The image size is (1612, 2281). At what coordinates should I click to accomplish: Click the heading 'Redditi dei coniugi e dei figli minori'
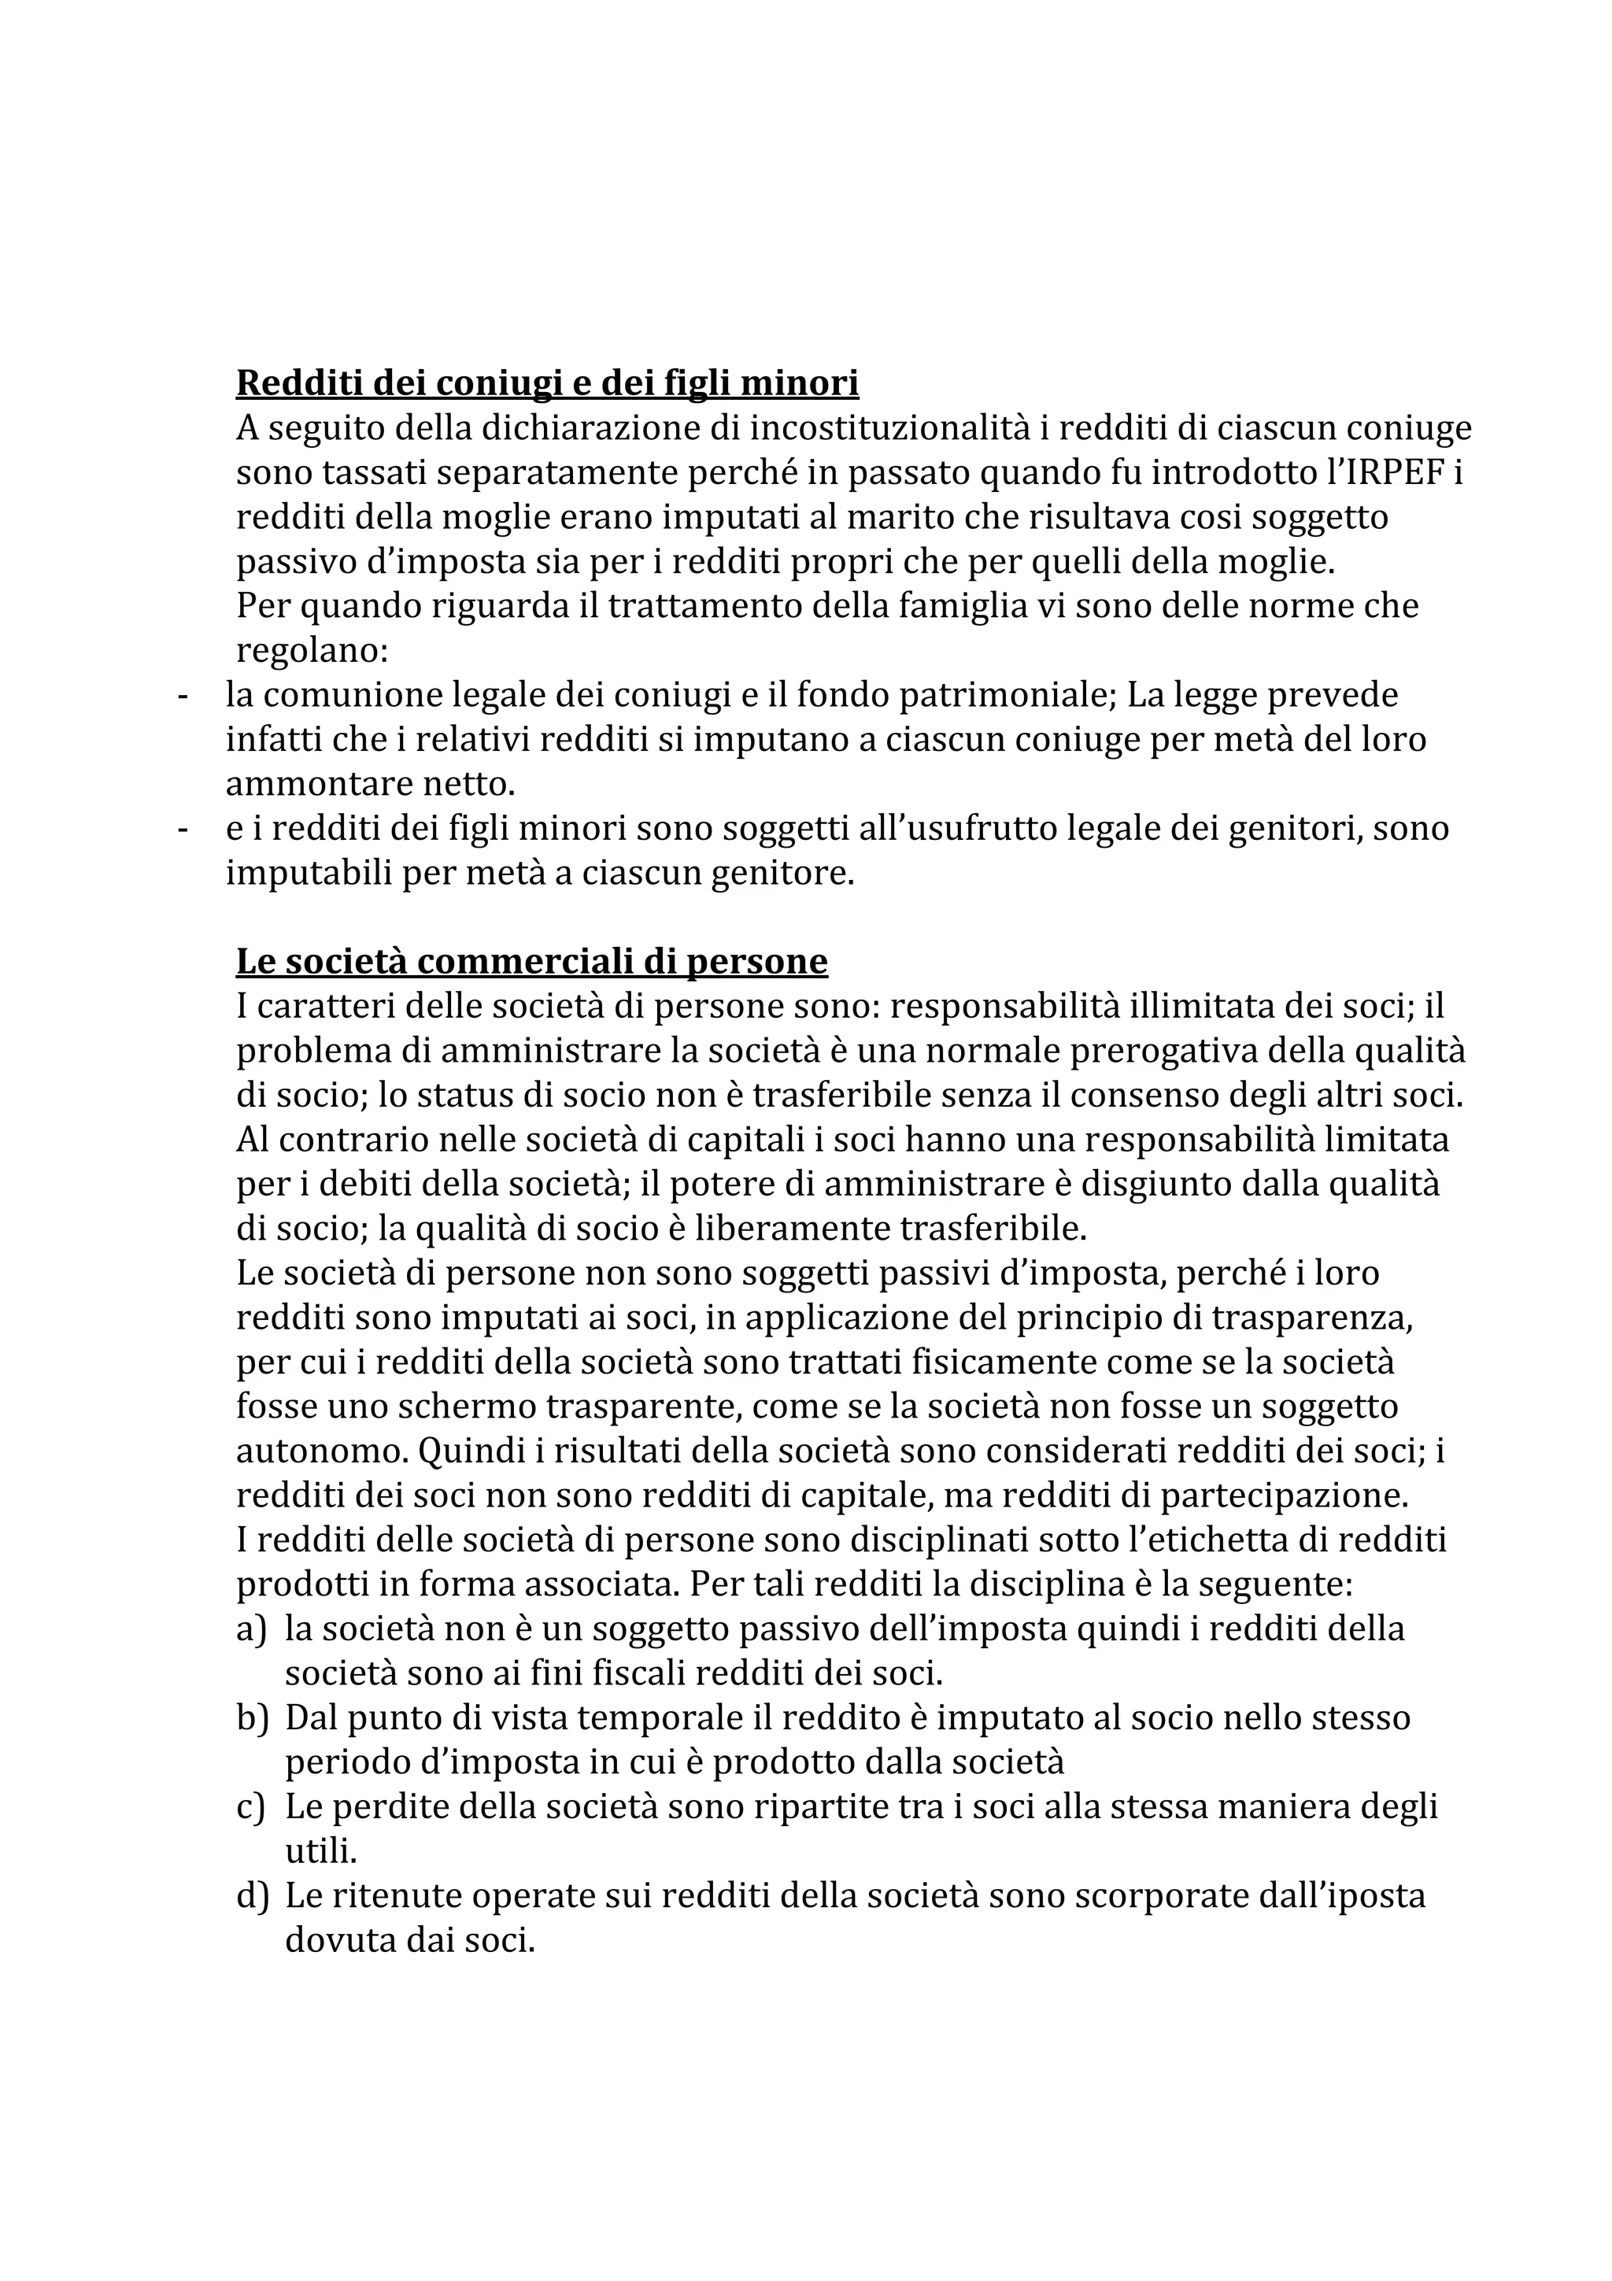click(x=547, y=383)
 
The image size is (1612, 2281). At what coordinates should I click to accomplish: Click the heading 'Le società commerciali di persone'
click(x=531, y=962)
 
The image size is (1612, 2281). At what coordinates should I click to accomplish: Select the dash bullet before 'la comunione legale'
click(x=182, y=696)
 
